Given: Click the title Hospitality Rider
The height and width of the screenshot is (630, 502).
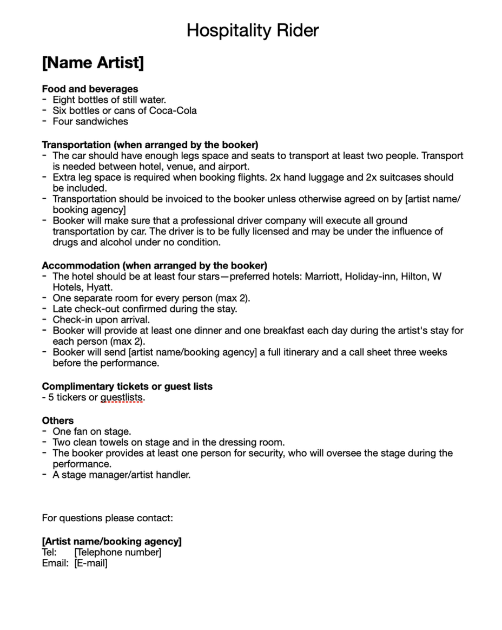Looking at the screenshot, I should (253, 30).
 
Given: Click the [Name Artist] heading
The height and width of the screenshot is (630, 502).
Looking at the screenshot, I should (93, 63).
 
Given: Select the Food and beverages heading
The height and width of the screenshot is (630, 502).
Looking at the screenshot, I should (90, 89).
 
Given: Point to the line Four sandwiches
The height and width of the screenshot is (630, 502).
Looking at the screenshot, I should (90, 121).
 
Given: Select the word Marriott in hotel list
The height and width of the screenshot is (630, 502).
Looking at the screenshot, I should (325, 277).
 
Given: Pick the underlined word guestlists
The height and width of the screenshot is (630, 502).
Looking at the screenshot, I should (122, 398).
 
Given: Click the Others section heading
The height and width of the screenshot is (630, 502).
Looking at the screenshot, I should (58, 421).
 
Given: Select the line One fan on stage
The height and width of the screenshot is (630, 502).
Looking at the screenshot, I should (92, 431).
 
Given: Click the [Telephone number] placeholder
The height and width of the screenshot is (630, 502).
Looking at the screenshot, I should (118, 553).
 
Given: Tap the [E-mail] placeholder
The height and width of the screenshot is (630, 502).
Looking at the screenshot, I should (91, 563).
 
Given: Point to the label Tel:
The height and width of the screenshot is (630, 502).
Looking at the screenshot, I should (49, 553).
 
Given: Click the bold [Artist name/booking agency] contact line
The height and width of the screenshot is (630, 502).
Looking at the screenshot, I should (112, 541).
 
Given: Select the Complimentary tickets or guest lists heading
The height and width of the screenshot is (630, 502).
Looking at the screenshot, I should (127, 386).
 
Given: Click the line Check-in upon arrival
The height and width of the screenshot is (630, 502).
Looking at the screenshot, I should (101, 320).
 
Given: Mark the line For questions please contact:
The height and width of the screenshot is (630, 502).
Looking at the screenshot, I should (108, 518).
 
